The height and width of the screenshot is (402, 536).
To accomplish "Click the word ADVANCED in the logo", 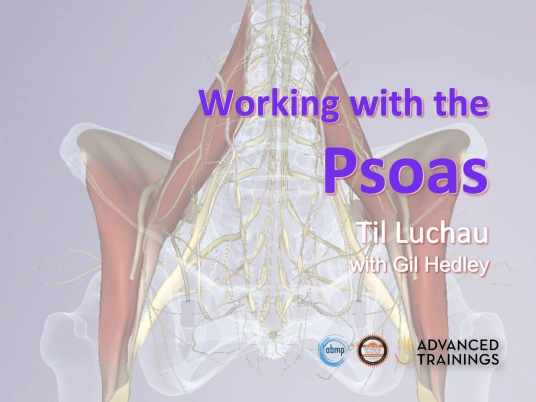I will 457,344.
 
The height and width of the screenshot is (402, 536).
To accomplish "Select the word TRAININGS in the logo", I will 457,359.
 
